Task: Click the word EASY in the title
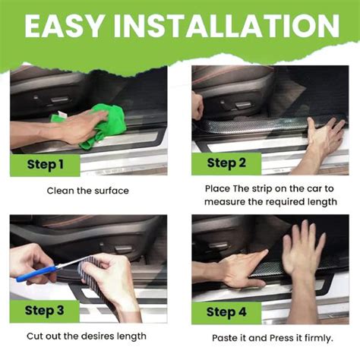point(64,25)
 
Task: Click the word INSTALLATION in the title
point(227,25)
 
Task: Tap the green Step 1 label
point(45,165)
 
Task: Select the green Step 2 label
point(226,163)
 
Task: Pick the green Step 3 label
point(45,311)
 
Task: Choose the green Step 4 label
point(226,312)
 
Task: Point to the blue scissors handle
point(36,273)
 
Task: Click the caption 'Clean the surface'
point(88,191)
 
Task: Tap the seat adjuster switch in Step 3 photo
point(123,249)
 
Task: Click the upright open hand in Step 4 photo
point(303,253)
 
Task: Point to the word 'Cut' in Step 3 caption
point(34,336)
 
